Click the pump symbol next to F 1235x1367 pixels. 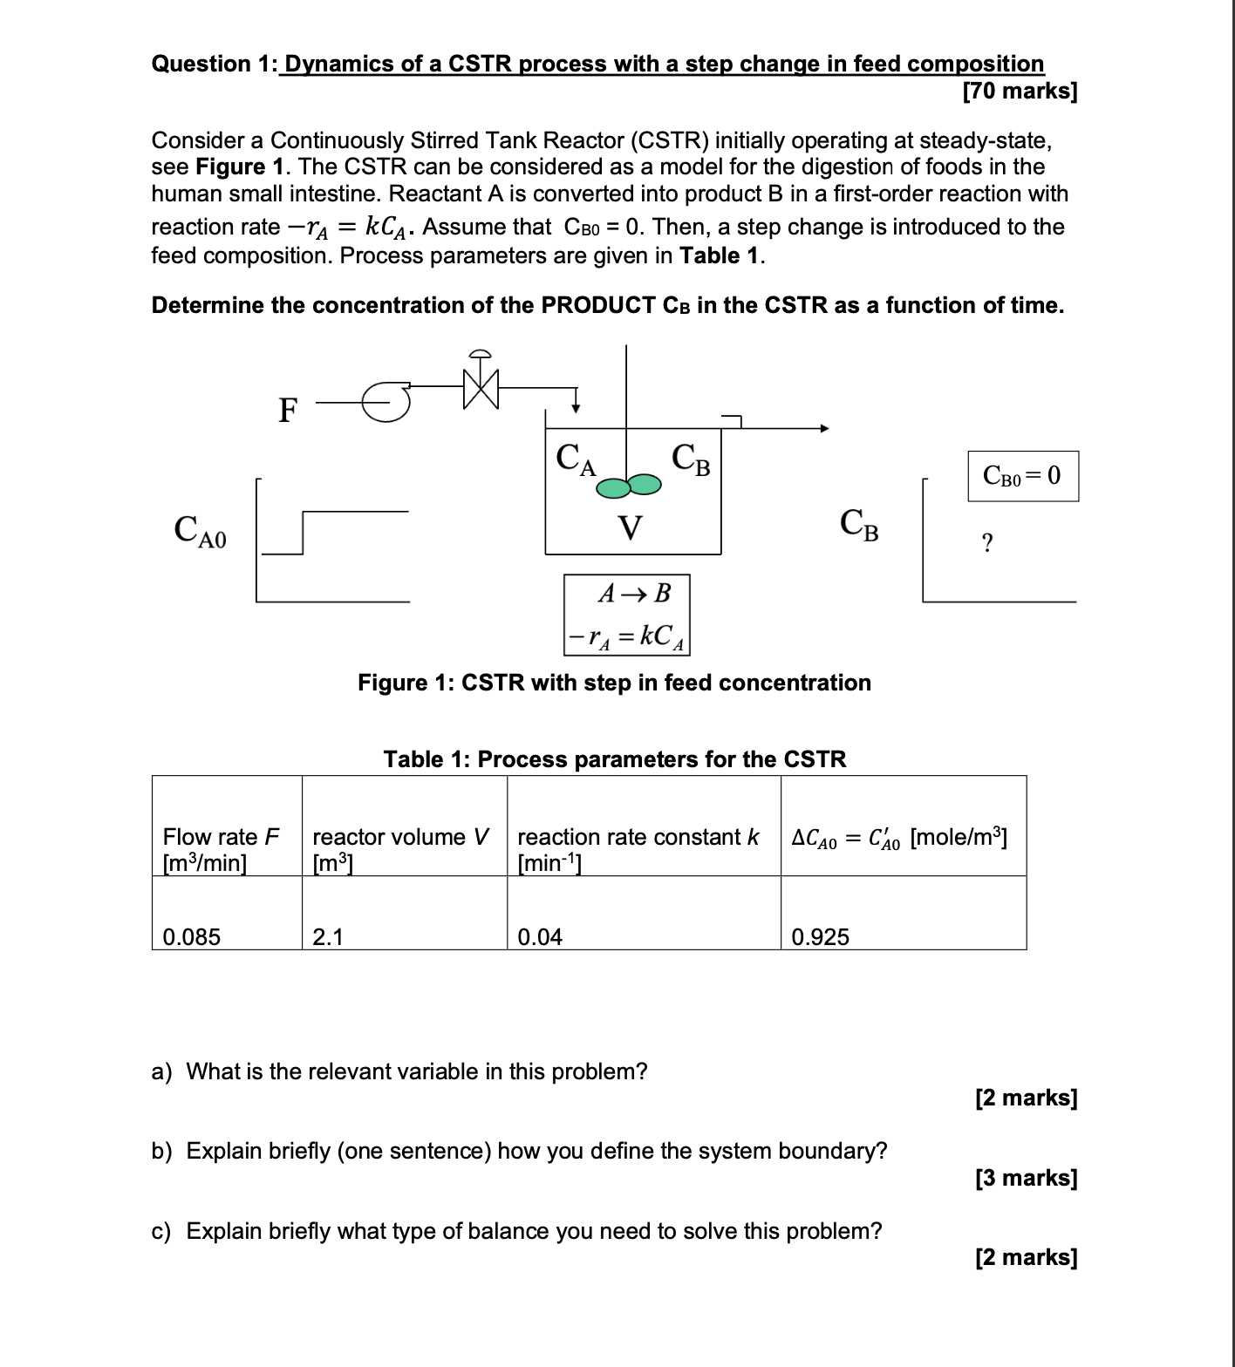386,402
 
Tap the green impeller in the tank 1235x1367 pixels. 629,486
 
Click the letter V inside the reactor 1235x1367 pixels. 630,528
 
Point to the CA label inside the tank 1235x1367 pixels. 576,459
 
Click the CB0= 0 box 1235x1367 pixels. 1022,476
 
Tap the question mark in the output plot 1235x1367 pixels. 986,543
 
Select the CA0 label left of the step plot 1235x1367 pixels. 200,530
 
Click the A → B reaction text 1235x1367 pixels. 634,594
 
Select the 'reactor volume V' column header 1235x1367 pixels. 400,837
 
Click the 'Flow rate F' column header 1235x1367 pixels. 221,837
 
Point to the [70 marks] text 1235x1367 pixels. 1020,91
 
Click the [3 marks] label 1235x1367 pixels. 1026,1178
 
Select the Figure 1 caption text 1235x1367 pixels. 614,683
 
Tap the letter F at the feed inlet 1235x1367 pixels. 288,409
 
